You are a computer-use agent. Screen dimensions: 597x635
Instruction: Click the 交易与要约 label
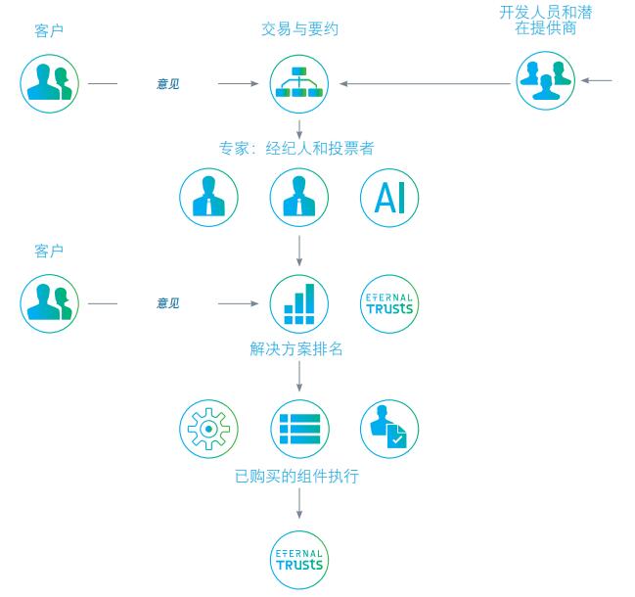(299, 29)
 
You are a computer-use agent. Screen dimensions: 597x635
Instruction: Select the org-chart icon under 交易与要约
(299, 83)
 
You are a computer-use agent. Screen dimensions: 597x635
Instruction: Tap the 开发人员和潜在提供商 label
(545, 20)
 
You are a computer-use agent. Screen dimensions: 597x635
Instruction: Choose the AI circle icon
(389, 198)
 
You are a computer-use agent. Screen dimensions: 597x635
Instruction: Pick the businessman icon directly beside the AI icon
(299, 198)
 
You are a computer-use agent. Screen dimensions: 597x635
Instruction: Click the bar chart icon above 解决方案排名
(299, 303)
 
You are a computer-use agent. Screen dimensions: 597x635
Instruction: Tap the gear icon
(208, 429)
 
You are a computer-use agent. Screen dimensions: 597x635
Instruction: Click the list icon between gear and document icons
(299, 429)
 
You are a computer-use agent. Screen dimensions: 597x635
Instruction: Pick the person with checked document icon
(389, 429)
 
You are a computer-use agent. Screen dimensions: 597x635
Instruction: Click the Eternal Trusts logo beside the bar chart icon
(389, 303)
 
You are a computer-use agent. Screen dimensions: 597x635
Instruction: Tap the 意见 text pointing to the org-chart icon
(168, 84)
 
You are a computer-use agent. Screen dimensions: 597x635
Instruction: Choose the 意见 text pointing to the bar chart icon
(168, 303)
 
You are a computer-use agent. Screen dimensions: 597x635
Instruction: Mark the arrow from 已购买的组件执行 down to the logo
(299, 505)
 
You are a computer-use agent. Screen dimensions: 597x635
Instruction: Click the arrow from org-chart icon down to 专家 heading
(299, 125)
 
